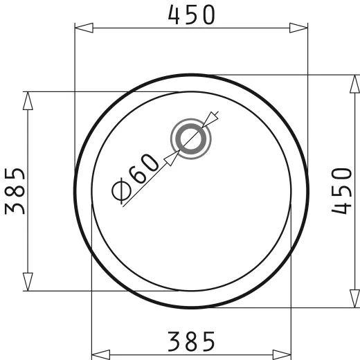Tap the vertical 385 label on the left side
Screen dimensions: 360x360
(x=16, y=190)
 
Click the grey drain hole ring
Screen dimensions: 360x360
(x=190, y=138)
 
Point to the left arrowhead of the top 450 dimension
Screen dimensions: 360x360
(x=84, y=28)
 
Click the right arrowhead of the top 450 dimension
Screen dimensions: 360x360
(x=298, y=28)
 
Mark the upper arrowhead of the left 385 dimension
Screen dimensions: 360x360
(x=28, y=101)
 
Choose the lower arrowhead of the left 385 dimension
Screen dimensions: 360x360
(x=28, y=280)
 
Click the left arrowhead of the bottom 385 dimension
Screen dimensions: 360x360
(x=102, y=354)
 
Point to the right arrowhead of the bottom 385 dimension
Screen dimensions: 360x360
(x=280, y=354)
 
